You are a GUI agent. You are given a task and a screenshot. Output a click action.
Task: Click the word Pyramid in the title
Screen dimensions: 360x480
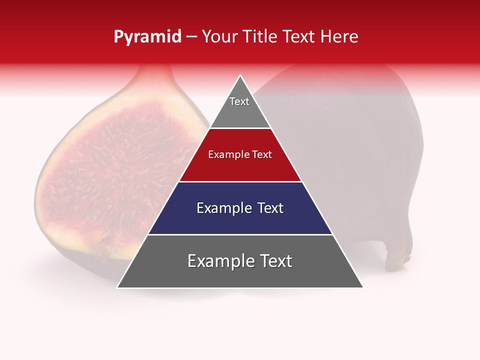click(x=147, y=37)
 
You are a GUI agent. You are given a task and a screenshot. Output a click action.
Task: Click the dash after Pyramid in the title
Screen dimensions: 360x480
click(x=191, y=37)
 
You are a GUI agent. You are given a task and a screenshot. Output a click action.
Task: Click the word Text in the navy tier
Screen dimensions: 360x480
click(x=270, y=208)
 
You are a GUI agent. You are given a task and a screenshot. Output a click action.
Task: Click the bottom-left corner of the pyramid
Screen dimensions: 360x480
click(x=118, y=287)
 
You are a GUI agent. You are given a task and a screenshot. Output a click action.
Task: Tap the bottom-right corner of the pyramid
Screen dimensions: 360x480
click(x=362, y=287)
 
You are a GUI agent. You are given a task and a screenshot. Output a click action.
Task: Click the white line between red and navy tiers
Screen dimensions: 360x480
click(x=240, y=181)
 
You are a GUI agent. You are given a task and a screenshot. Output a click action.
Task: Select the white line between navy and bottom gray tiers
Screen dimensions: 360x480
click(x=240, y=234)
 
